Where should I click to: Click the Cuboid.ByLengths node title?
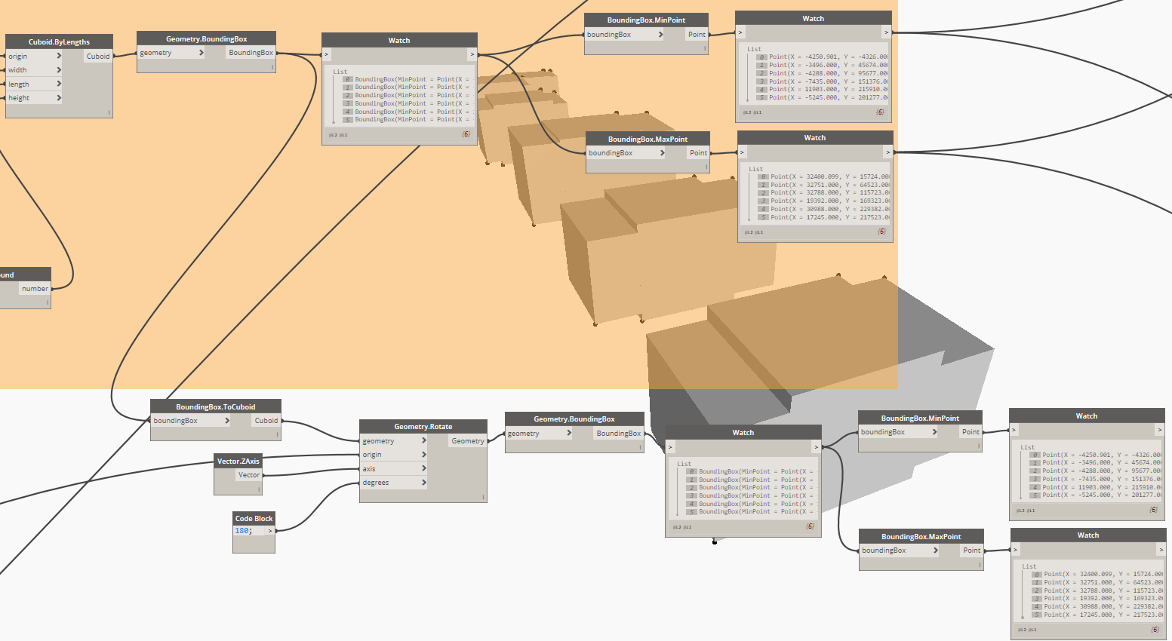(x=59, y=42)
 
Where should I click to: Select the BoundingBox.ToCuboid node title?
(x=216, y=406)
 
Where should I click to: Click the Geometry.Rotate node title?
(x=423, y=426)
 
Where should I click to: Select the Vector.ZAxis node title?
(x=238, y=461)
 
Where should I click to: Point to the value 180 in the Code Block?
(x=242, y=531)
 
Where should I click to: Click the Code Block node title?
(x=254, y=518)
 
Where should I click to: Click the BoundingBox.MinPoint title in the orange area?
(x=646, y=20)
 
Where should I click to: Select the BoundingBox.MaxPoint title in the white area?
(x=921, y=536)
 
